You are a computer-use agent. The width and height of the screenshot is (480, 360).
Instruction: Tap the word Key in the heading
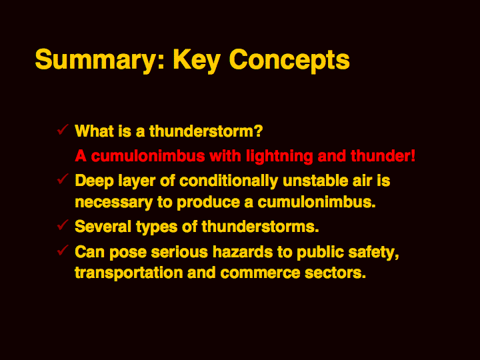(197, 60)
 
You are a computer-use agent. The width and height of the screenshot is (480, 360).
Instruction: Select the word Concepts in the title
(289, 60)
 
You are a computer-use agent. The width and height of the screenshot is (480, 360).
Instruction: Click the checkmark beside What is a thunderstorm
(63, 129)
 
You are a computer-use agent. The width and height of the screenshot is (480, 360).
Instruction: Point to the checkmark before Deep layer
(63, 179)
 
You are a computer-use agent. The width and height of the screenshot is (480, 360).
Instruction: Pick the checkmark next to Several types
(63, 225)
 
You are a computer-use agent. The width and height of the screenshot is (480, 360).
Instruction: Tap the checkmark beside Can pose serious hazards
(63, 251)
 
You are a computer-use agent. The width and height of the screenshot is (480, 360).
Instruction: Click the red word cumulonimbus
(148, 156)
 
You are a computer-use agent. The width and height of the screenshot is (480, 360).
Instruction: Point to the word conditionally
(229, 181)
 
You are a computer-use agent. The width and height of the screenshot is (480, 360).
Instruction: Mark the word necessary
(113, 203)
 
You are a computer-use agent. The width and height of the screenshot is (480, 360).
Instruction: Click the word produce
(208, 203)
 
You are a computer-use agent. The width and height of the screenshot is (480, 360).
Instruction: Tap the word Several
(103, 227)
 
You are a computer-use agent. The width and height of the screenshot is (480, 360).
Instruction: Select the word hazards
(243, 252)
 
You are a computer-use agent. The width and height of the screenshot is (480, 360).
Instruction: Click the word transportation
(129, 273)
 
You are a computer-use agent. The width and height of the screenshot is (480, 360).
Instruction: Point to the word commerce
(260, 273)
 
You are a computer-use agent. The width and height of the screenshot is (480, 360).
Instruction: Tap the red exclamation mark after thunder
(413, 156)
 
